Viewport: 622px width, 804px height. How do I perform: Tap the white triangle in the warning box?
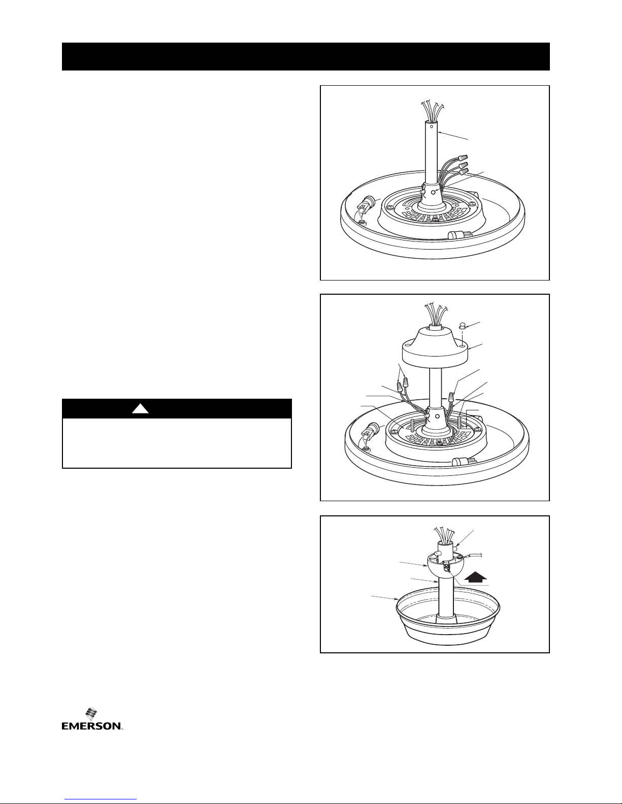140,408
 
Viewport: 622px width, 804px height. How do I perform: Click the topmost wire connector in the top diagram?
463,158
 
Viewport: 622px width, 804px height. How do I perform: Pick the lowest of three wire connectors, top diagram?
463,171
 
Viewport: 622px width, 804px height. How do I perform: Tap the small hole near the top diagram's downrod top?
432,126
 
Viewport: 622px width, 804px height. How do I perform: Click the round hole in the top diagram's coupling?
434,192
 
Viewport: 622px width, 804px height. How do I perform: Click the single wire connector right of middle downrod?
451,398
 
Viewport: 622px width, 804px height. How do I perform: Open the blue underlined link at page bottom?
101,799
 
